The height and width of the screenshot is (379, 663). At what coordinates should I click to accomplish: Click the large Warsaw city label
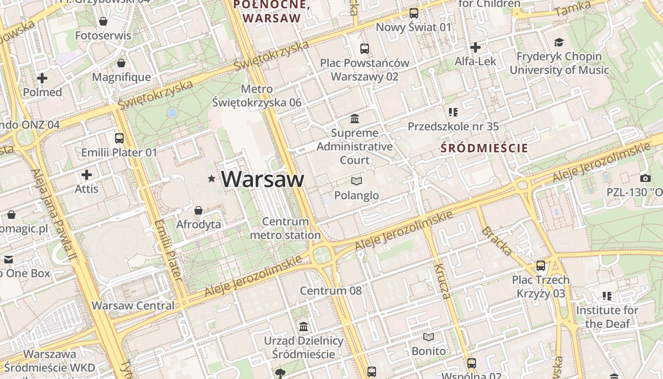tap(262, 179)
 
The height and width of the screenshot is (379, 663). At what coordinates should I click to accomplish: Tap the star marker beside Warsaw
tap(211, 179)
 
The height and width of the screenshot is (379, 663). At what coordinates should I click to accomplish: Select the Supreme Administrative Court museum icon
tap(354, 118)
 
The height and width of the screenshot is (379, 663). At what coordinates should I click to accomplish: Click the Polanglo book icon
tap(357, 181)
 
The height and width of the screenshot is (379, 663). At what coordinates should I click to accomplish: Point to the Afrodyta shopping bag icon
tap(198, 210)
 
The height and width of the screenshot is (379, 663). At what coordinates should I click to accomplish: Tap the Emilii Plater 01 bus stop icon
tap(119, 138)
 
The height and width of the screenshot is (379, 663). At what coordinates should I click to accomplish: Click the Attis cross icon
tap(87, 175)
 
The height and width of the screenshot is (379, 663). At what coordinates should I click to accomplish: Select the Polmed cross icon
tap(42, 78)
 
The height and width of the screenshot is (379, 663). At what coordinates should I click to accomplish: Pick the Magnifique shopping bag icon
tap(121, 63)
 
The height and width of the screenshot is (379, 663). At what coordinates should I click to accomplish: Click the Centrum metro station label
tap(285, 228)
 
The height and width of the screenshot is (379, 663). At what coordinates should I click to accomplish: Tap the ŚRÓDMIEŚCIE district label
tap(484, 148)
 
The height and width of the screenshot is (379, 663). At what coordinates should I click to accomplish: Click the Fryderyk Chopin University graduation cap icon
tap(559, 42)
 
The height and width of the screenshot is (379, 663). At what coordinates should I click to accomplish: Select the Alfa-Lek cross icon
tap(475, 47)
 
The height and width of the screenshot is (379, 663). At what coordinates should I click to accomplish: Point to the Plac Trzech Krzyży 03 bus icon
tap(540, 266)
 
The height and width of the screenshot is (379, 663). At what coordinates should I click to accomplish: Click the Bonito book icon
tap(428, 337)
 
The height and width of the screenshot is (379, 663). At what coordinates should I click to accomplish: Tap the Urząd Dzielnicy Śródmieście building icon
tap(304, 326)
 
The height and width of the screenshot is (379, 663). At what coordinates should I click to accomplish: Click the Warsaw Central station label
tap(133, 306)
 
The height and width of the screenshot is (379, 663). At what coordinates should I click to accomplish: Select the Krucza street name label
tap(442, 281)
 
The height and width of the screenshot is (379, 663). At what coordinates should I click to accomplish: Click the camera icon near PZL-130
tap(645, 179)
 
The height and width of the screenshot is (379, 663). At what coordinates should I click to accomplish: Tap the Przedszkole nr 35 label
tap(453, 126)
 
